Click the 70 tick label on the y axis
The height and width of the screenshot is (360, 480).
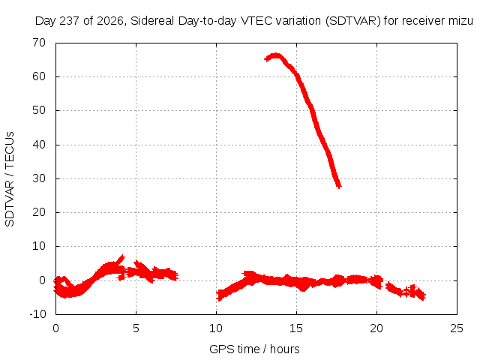point(39,43)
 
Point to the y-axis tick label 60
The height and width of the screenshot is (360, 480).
point(39,76)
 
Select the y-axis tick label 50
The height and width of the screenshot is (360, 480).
point(39,110)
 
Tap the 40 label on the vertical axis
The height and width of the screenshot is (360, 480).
point(39,145)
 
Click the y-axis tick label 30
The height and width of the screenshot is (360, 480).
point(39,178)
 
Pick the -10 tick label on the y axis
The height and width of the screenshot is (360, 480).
point(37,314)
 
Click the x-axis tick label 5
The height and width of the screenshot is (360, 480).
point(136,328)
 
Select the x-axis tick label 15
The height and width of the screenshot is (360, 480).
point(296,328)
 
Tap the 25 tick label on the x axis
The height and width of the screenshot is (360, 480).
point(457,328)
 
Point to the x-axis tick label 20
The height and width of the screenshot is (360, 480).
point(376,328)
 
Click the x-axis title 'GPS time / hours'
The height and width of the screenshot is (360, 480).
point(254,349)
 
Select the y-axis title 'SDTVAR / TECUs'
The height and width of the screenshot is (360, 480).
point(10,179)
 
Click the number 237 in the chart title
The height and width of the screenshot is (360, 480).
point(70,21)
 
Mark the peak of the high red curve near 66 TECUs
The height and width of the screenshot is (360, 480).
point(276,55)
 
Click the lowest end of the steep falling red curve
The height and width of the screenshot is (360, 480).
point(339,186)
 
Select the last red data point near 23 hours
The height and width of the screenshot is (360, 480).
point(422,296)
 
